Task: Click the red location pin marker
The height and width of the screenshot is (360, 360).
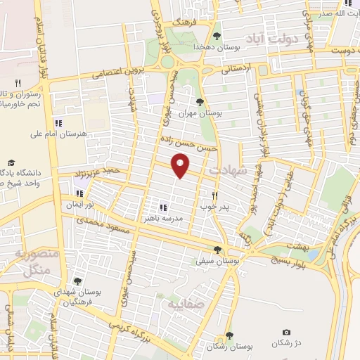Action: (181, 167)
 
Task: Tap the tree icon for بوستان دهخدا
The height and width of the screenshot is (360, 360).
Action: (217, 35)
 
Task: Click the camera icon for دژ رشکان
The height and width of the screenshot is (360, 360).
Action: (286, 332)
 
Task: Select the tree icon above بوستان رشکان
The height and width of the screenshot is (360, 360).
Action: (229, 335)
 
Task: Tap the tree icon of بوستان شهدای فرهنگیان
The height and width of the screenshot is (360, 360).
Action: (77, 281)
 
